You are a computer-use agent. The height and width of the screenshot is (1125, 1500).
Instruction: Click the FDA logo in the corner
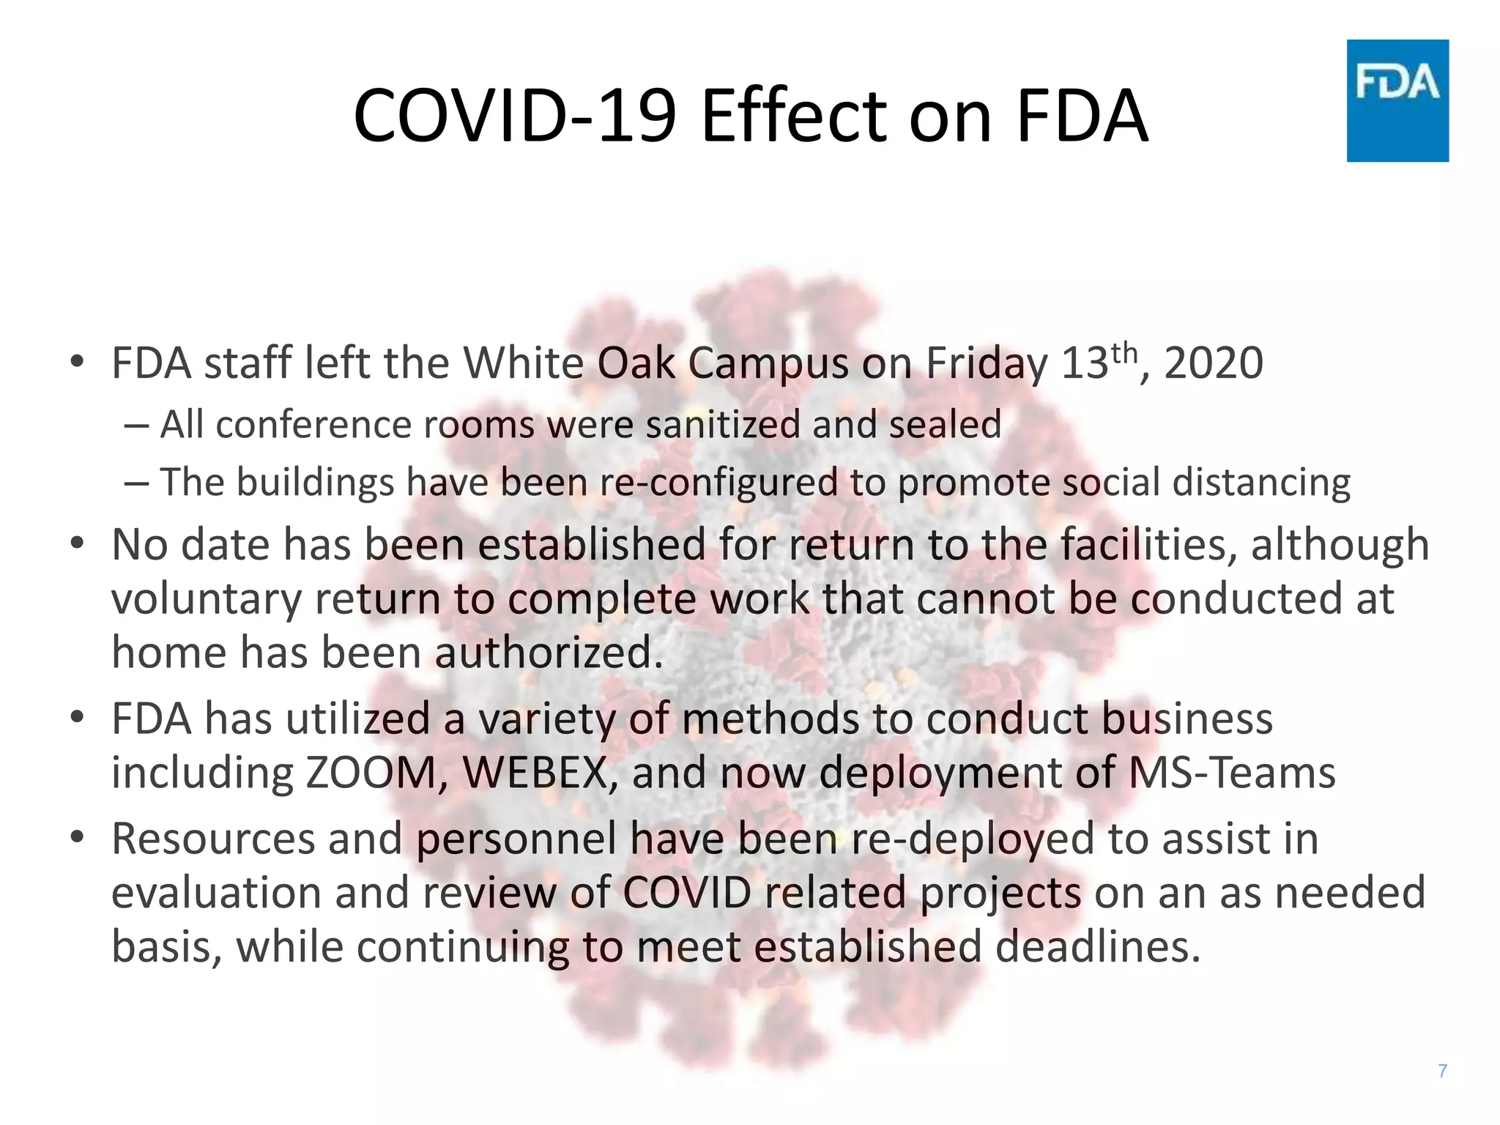point(1397,100)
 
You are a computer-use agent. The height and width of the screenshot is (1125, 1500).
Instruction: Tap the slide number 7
point(1442,1071)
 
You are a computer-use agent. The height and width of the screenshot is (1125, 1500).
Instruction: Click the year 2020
point(1214,363)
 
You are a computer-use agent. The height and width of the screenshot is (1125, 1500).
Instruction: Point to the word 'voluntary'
point(207,599)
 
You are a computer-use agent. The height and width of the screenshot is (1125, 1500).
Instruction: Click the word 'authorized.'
point(549,653)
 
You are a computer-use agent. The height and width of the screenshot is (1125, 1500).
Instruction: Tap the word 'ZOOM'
point(371,773)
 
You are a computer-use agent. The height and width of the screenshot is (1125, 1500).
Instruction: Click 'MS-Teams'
point(1232,773)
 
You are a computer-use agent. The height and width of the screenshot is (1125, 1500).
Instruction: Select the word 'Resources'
point(213,839)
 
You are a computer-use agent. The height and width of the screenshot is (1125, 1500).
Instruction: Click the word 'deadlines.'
point(1099,946)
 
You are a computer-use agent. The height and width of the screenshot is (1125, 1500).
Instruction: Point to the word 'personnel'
point(516,840)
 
